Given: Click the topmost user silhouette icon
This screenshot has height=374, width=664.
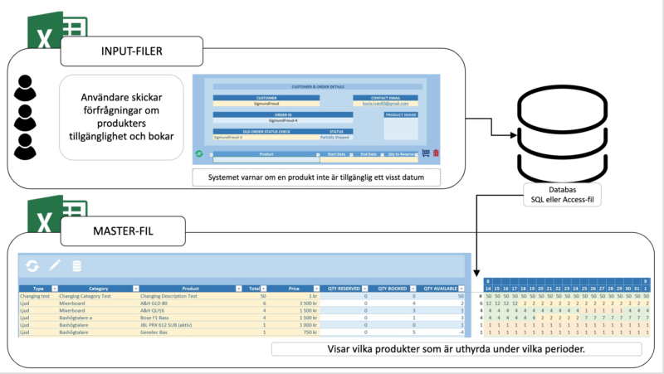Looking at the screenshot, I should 27,87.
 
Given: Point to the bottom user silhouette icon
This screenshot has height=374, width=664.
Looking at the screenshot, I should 27,148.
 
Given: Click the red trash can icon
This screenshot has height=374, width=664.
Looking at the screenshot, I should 437,153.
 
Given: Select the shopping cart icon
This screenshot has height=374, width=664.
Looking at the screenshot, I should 425,153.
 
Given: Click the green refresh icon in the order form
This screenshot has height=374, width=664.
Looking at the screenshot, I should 199,153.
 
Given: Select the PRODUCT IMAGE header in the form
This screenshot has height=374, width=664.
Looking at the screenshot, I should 401,114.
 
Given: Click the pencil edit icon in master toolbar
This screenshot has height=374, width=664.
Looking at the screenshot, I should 55,265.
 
